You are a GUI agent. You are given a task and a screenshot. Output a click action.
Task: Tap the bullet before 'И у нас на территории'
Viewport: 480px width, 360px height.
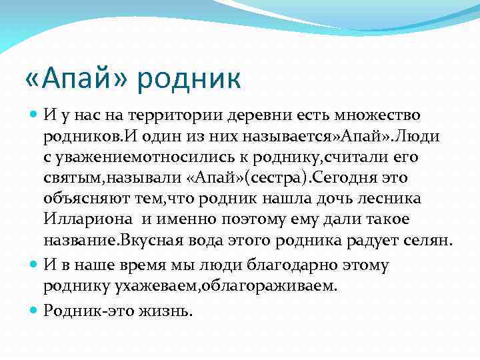tap(35, 115)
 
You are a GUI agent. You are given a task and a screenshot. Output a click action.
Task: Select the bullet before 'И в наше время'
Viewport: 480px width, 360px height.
tap(35, 265)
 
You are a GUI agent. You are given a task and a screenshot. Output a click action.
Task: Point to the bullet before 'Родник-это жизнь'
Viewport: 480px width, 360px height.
tap(35, 310)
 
